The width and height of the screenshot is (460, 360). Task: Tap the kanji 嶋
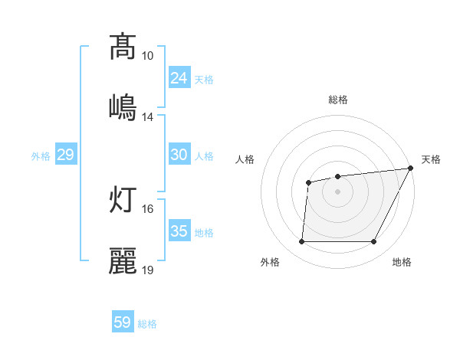(x=123, y=106)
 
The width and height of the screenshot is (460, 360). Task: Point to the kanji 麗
(x=123, y=260)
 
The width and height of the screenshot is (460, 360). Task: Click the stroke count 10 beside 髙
(x=148, y=56)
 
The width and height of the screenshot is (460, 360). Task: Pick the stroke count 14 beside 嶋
(x=148, y=117)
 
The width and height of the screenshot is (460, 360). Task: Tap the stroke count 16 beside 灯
(x=148, y=208)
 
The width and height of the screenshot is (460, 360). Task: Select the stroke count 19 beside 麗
(x=148, y=270)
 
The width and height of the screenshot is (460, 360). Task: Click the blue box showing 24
(x=179, y=78)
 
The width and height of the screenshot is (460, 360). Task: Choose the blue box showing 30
(x=179, y=155)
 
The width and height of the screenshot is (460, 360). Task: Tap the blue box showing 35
(x=179, y=231)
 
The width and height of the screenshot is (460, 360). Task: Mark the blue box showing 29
(x=66, y=155)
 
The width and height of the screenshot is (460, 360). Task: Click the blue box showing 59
(x=123, y=322)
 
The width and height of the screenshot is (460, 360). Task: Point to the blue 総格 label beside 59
(x=148, y=324)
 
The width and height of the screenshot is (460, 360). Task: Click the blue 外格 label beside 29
(x=41, y=156)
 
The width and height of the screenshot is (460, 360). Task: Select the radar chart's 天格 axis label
(x=431, y=159)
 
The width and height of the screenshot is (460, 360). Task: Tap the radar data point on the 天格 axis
(x=410, y=169)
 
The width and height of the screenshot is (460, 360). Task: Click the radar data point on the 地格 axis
(x=373, y=242)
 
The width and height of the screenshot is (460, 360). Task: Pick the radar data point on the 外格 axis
(x=301, y=242)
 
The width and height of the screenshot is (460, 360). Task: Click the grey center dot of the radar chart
(x=337, y=191)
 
